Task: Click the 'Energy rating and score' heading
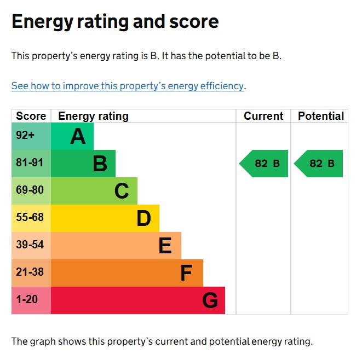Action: point(115,22)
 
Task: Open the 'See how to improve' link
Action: point(128,86)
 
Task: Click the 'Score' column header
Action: point(31,116)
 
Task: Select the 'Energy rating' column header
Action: point(93,116)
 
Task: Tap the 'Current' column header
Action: point(263,116)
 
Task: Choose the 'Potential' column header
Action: point(321,116)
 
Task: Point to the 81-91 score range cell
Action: point(30,163)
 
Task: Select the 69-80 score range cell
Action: point(30,190)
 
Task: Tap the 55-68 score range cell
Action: point(30,218)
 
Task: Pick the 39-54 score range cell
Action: point(30,245)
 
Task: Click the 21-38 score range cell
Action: point(30,272)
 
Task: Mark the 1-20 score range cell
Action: point(27,300)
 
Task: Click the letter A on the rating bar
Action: point(78,136)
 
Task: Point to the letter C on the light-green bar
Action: point(122,191)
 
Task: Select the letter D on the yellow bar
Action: point(143,218)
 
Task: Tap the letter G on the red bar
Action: point(210,300)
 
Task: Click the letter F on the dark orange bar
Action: point(186,273)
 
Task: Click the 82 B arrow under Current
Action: point(264,164)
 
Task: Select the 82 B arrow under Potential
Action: point(319,164)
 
